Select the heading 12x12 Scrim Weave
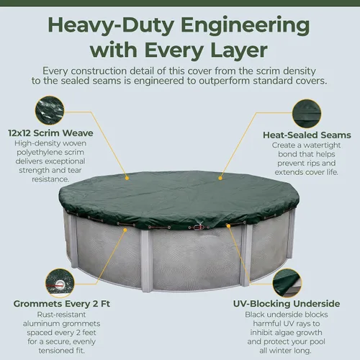(50, 133)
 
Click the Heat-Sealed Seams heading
(307, 135)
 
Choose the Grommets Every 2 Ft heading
(62, 304)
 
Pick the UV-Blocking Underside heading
(287, 304)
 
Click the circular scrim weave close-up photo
(50, 111)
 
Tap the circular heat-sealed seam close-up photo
(307, 114)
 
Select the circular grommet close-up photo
(60, 284)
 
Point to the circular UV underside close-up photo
(287, 284)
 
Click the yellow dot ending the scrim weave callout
(127, 179)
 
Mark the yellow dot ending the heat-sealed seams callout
(220, 178)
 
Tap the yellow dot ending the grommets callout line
(125, 230)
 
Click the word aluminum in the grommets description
(38, 324)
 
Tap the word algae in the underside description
(285, 333)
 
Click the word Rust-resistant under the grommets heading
(61, 315)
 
